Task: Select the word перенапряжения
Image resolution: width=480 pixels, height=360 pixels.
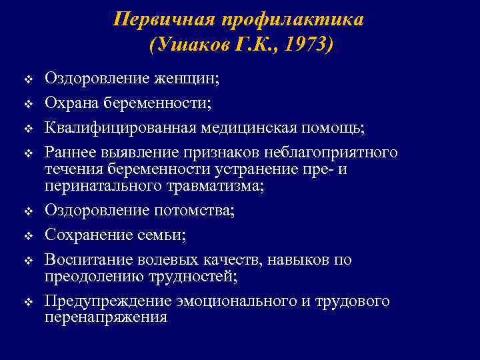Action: coord(105,317)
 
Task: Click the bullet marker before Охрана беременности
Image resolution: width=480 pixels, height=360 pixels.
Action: coord(28,104)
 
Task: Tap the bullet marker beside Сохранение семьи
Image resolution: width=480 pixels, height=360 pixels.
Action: coord(28,235)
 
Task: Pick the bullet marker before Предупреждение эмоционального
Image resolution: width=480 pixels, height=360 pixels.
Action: coord(28,302)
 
